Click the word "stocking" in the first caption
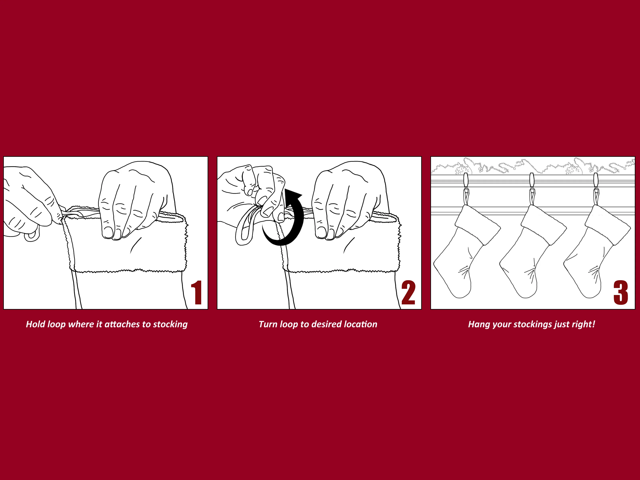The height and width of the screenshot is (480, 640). click(170, 325)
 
